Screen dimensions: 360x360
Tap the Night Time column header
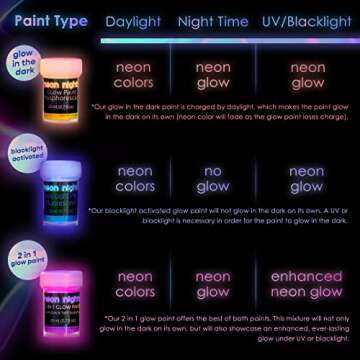pyautogui.click(x=213, y=20)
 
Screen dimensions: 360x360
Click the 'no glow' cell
pyautogui.click(x=212, y=178)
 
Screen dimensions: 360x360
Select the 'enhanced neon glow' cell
pyautogui.click(x=307, y=284)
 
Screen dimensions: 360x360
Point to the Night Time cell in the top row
pyautogui.click(x=212, y=75)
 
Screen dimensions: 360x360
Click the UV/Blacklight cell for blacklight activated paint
pyautogui.click(x=307, y=178)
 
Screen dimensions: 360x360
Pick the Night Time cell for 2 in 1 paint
pyautogui.click(x=212, y=284)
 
